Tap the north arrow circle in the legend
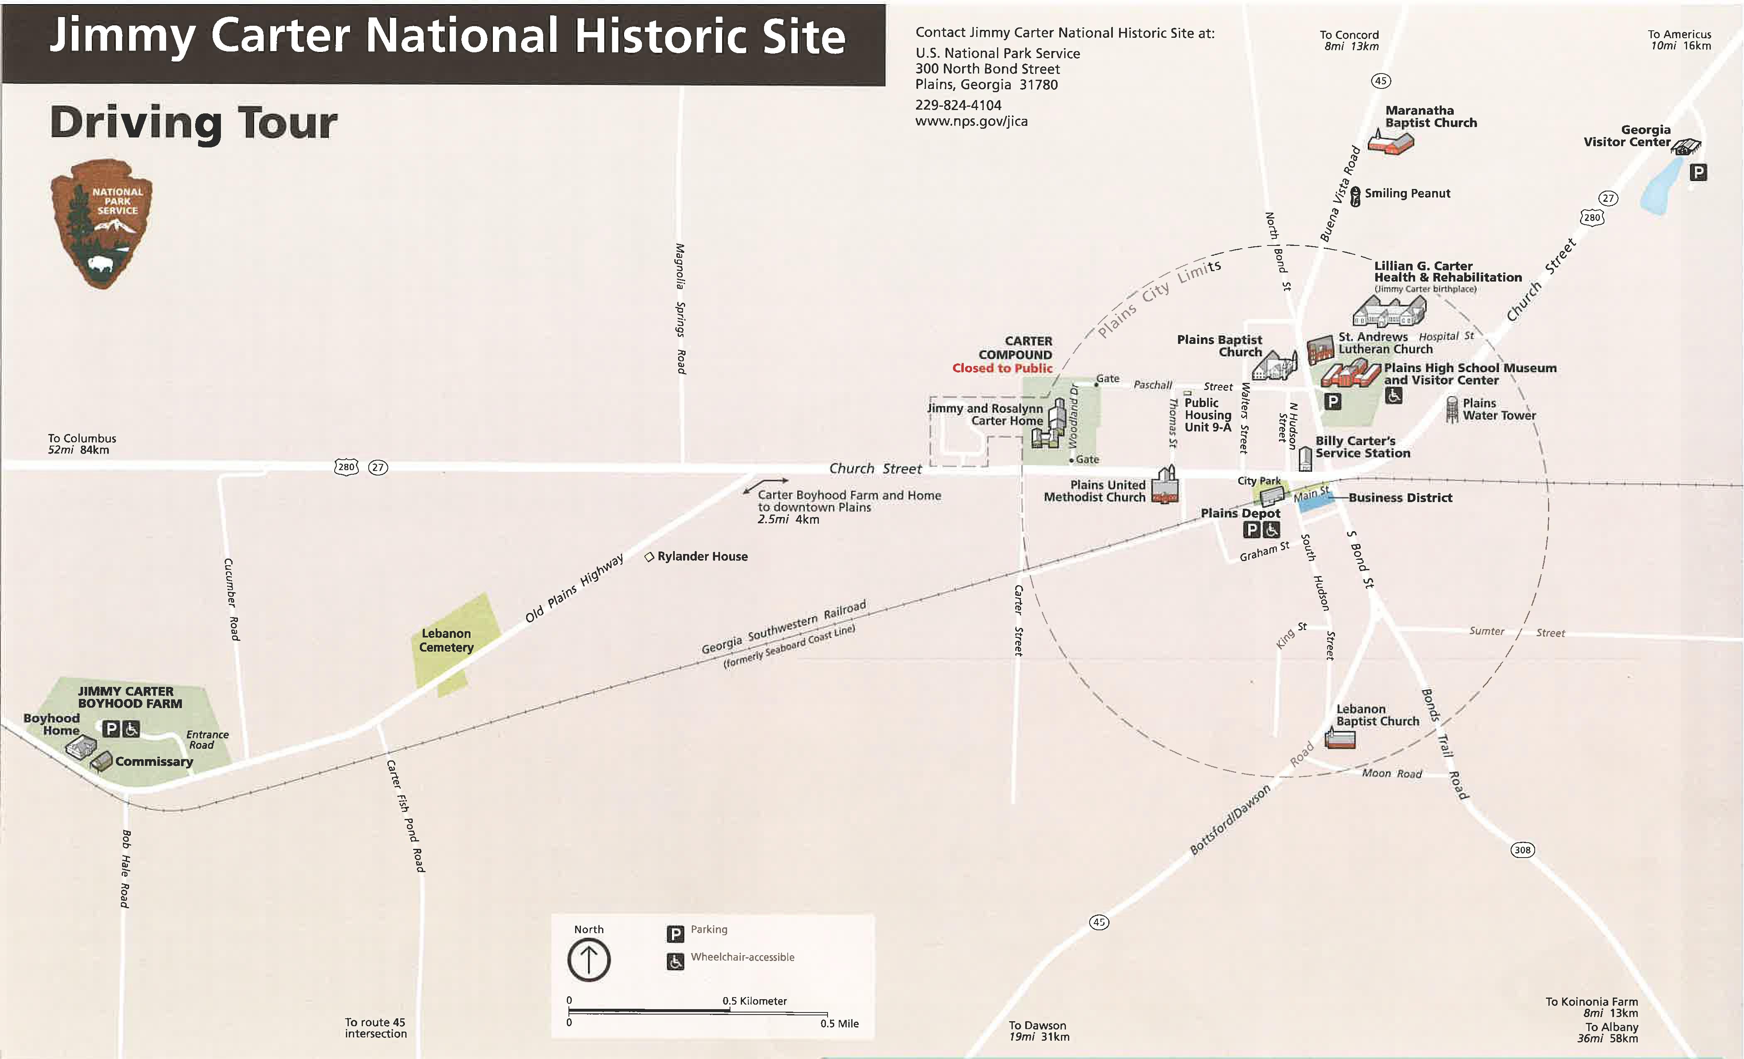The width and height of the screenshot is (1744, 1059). click(589, 960)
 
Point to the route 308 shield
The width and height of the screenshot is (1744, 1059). click(1522, 849)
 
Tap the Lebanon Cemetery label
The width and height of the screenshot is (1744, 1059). click(446, 640)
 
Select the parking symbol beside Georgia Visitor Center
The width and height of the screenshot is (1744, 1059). click(1698, 172)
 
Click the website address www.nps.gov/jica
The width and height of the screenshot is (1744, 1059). click(971, 121)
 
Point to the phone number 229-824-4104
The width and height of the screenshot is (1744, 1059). click(958, 105)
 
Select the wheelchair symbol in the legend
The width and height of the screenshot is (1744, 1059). click(675, 961)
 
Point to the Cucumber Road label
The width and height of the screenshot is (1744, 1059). click(231, 599)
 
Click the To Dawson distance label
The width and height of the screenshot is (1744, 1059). click(1039, 1031)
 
